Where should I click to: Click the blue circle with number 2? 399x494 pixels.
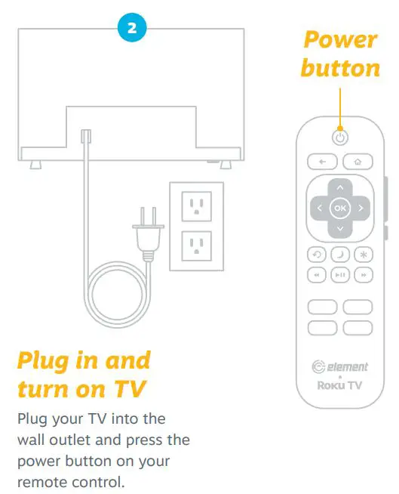coord(132,29)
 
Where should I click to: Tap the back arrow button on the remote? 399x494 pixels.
coord(321,162)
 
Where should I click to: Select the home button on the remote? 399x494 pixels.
coord(358,162)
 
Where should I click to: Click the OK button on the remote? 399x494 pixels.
coord(340,207)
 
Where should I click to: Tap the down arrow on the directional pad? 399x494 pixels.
coord(340,228)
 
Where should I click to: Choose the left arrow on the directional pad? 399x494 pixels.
coord(319,207)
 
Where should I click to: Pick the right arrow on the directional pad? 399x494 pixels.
coord(361,207)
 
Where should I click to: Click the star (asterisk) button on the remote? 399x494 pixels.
coord(363,255)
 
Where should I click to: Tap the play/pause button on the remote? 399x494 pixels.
coord(340,276)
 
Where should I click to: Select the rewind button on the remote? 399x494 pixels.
coord(318,276)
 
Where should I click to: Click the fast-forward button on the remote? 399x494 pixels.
coord(363,276)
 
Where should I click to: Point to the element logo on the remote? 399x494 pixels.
coord(340,367)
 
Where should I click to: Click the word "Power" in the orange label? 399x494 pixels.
coord(341,41)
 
